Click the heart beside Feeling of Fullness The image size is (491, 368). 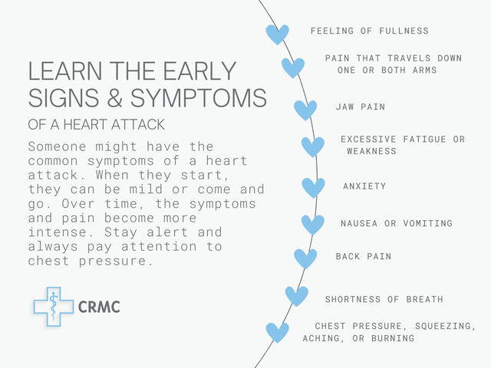278,34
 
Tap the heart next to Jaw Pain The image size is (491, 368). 305,110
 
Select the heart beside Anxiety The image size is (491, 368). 313,188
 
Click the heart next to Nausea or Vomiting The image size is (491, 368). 313,225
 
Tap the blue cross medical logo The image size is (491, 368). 54,307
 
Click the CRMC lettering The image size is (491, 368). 99,307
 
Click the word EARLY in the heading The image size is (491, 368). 199,71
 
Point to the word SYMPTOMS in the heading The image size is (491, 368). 199,97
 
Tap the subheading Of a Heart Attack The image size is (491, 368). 96,124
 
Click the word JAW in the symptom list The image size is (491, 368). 344,107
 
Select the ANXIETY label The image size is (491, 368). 364,186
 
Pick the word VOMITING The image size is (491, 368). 428,223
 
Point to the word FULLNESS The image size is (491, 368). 404,31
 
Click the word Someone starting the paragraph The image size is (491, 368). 57,146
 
